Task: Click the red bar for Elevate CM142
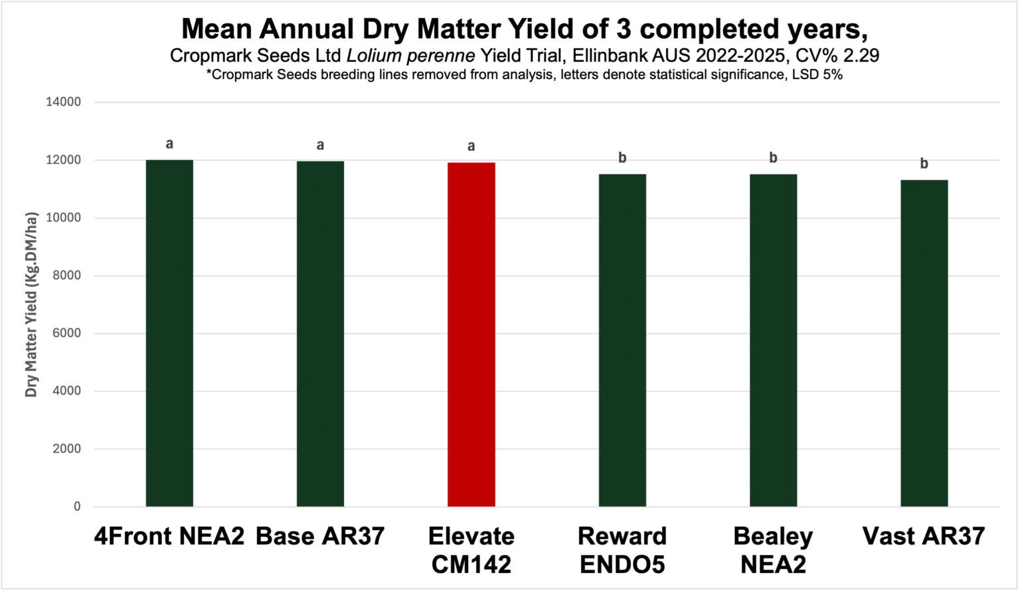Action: click(471, 334)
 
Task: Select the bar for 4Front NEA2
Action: click(169, 333)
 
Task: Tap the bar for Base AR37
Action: click(320, 334)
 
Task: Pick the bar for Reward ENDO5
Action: click(622, 340)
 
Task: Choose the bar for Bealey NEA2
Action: click(773, 340)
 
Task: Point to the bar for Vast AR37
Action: click(924, 343)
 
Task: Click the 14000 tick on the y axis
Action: click(62, 102)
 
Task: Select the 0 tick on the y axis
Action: click(77, 507)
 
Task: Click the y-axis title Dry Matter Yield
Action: click(31, 304)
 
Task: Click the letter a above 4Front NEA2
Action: click(169, 143)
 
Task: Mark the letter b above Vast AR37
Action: click(924, 163)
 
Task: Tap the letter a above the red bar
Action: click(471, 146)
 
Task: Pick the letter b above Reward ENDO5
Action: click(622, 157)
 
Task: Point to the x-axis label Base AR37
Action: click(320, 536)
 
